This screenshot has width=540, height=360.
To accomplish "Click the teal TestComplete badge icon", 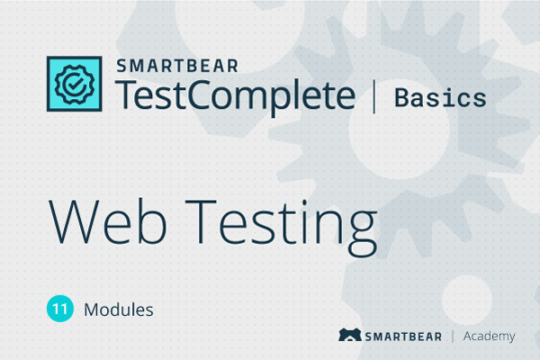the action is point(75,84).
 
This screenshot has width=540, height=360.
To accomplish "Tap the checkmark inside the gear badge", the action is point(75,84).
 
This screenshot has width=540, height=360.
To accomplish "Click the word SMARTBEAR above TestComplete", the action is point(177,66).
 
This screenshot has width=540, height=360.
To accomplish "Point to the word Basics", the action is point(440,98).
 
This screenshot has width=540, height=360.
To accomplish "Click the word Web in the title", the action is point(108,221).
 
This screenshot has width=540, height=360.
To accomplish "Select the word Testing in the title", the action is point(282,228).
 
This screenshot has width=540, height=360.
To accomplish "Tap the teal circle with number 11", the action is point(60,309).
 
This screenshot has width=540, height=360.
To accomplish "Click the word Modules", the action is point(119,310).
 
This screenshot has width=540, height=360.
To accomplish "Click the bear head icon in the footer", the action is point(350,335).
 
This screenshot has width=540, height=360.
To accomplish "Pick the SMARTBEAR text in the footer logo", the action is point(403,337).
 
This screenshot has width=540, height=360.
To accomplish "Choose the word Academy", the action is point(490,337).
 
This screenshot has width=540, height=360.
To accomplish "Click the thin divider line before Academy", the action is point(453,337).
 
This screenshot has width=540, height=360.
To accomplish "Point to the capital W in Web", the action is point(74,222).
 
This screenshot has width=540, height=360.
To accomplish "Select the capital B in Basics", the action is point(402,98).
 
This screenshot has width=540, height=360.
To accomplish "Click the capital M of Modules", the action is point(92,310).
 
